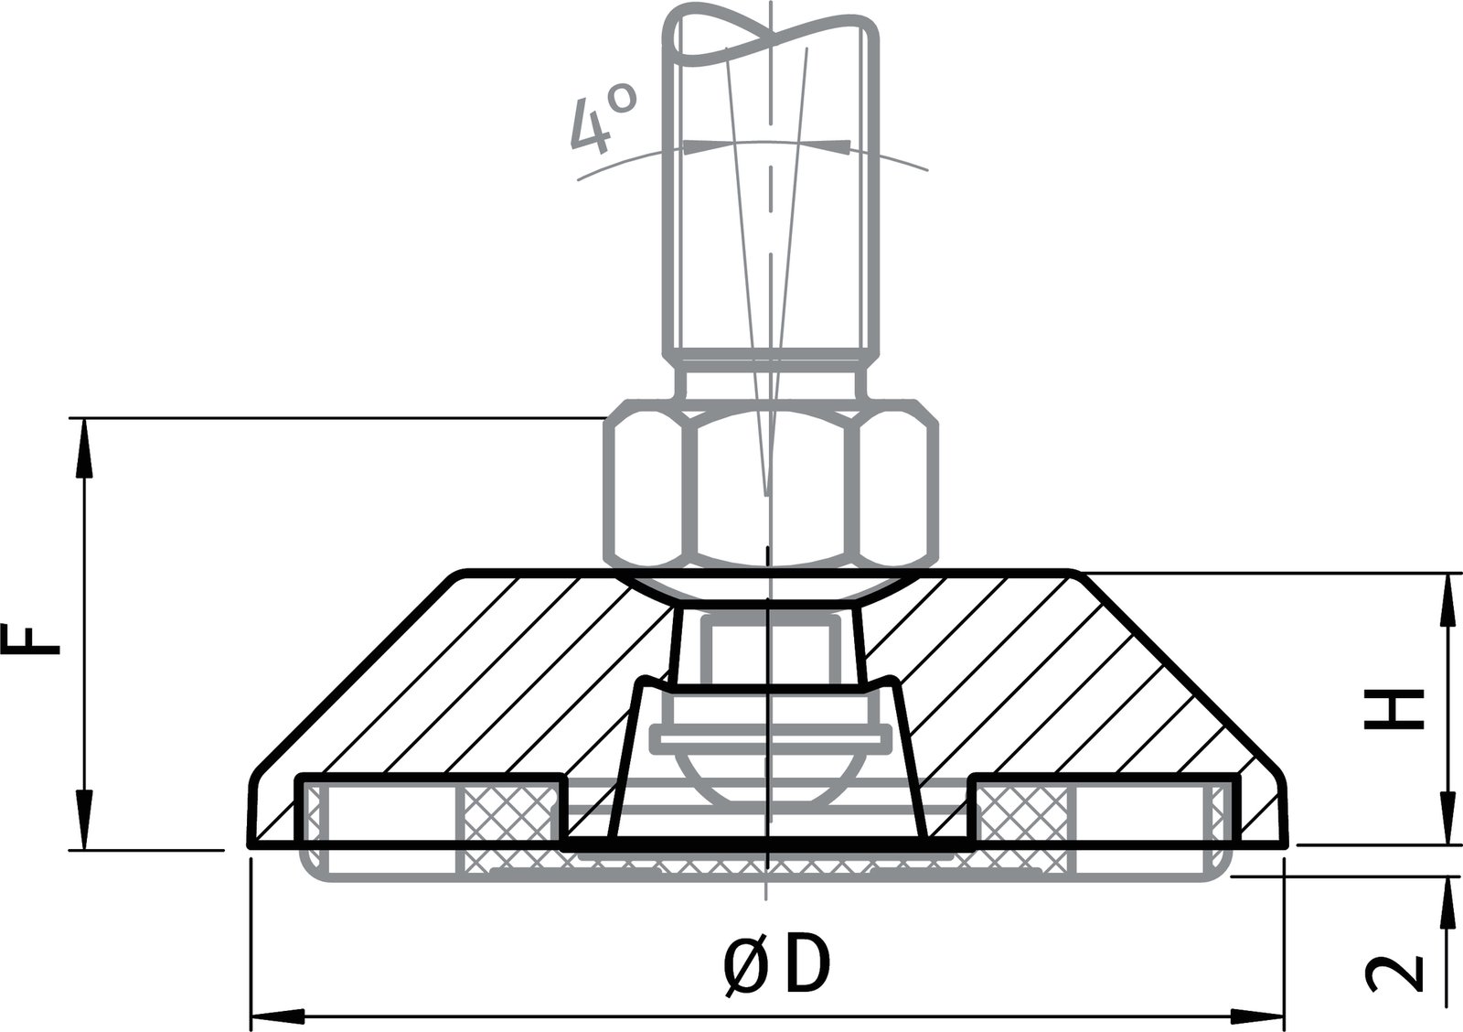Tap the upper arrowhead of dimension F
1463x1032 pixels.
click(83, 448)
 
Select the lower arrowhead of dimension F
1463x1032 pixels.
click(83, 820)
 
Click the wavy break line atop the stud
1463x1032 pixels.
click(773, 41)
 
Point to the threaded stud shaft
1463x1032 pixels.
click(773, 229)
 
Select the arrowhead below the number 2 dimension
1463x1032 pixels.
click(1448, 906)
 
